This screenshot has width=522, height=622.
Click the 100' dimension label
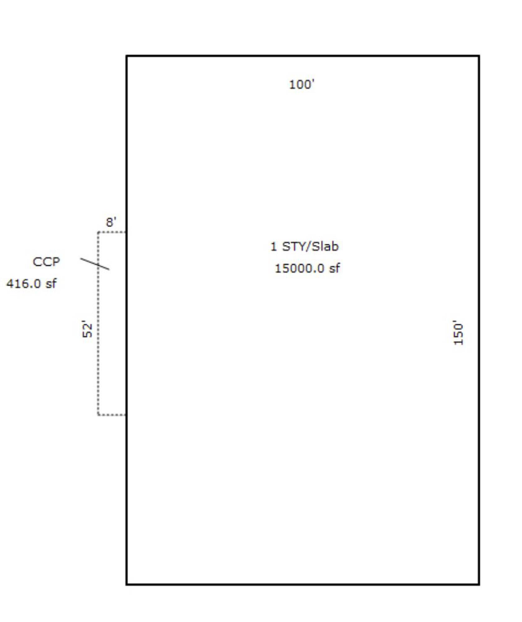point(302,85)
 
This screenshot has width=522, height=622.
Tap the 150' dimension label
point(459,333)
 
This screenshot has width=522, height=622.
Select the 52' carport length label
point(87,329)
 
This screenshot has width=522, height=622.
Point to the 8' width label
point(111,222)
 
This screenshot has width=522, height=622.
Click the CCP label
point(46,262)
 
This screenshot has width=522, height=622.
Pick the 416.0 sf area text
point(31,284)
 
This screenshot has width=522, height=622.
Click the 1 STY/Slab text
point(304,247)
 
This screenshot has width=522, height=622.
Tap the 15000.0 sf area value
point(307,268)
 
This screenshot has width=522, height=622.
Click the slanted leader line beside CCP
point(95,264)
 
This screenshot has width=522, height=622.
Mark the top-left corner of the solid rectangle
point(126,56)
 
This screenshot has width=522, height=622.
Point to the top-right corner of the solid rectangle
point(479,56)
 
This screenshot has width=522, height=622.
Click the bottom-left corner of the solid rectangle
point(126,584)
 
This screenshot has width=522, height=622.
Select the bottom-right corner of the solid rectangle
point(479,584)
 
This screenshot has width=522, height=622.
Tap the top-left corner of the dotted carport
point(98,232)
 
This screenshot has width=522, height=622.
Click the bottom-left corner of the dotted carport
point(98,415)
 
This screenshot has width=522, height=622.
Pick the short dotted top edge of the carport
point(112,232)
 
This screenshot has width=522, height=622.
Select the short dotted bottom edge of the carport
point(112,415)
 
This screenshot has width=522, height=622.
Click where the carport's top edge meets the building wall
point(126,232)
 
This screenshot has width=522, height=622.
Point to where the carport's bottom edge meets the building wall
point(126,415)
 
